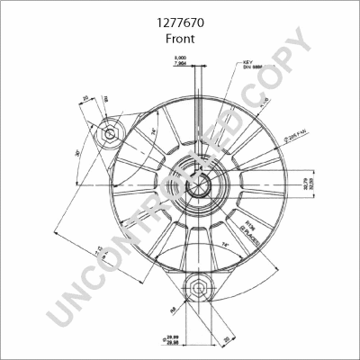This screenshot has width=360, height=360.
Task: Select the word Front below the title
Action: point(180,40)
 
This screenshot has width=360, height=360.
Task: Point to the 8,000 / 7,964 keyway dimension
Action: point(181,61)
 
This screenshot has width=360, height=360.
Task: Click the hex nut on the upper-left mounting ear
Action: point(109,134)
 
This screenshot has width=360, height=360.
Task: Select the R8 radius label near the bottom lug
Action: point(171,310)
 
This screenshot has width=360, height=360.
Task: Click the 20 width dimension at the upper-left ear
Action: point(85,100)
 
